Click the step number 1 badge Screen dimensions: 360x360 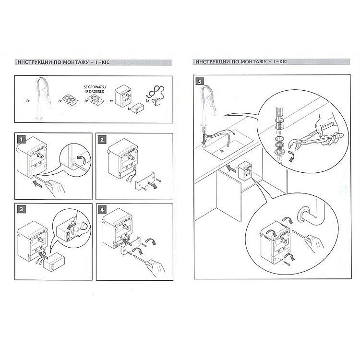22,139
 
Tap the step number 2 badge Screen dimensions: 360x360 102,140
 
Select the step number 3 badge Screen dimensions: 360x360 22,209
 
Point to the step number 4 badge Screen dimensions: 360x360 102,210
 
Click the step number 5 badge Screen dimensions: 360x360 200,82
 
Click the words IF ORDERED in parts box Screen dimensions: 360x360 95,91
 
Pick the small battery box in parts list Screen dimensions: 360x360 138,107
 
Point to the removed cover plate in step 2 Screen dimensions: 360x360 144,180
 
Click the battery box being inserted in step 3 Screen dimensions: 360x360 54,262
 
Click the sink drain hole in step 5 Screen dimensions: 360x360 222,151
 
